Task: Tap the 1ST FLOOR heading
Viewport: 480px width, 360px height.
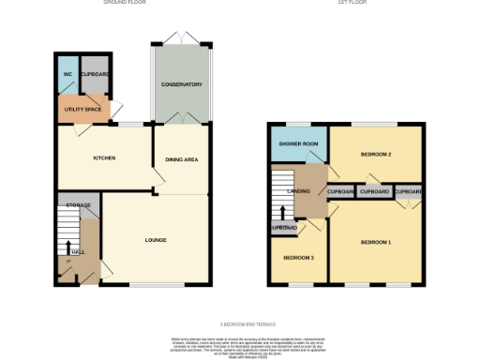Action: point(352,3)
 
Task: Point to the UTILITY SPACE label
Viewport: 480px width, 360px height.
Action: point(83,110)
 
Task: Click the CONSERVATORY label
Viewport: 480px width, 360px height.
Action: point(182,84)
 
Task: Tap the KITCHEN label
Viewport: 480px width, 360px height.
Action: point(104,157)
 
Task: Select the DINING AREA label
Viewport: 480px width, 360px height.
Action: point(182,159)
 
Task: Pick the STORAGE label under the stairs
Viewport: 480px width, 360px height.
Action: point(78,203)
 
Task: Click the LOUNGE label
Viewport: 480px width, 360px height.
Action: point(156,240)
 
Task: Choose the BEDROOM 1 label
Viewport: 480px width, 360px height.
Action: point(375,243)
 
